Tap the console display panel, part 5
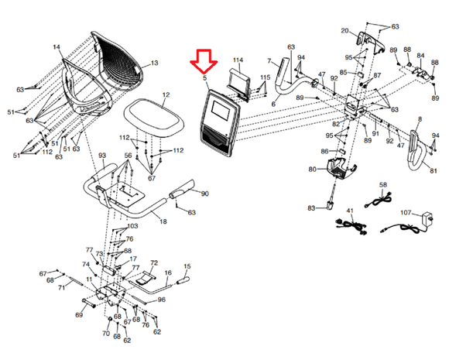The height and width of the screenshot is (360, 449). (220, 117)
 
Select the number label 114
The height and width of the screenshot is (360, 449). (238, 60)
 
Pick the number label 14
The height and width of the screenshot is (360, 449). (57, 48)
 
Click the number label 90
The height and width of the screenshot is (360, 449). (205, 194)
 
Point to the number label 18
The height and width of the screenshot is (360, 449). (163, 222)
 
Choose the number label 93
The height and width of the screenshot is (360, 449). (101, 156)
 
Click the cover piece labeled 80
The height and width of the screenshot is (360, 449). (341, 166)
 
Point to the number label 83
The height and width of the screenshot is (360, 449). (311, 208)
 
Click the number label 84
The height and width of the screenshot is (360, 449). (420, 56)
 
